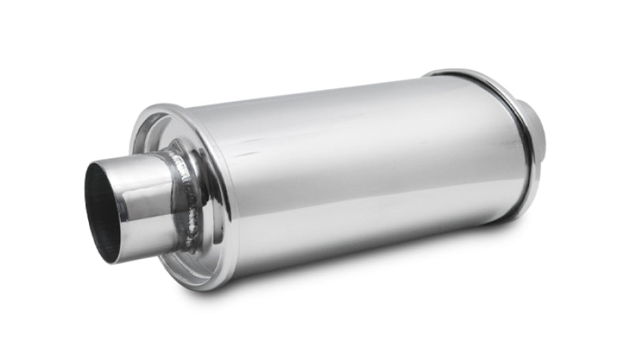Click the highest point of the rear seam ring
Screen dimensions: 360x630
[449, 72]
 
